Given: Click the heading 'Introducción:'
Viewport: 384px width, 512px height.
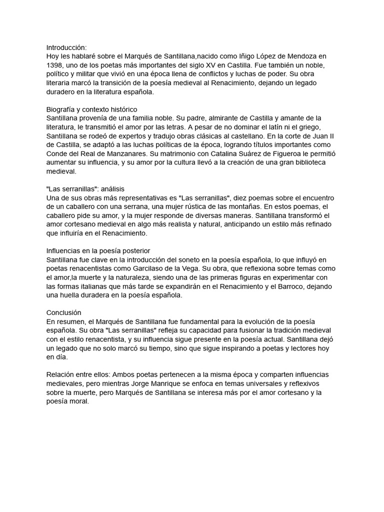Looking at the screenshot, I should click(66, 47).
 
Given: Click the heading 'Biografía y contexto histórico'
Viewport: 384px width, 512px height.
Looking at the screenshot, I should click(92, 109).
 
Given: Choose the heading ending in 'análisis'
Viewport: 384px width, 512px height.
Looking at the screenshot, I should click(85, 189).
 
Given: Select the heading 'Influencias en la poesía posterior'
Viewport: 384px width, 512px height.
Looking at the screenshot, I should click(98, 250).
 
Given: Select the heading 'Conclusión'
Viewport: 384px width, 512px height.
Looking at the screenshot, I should click(63, 312).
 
